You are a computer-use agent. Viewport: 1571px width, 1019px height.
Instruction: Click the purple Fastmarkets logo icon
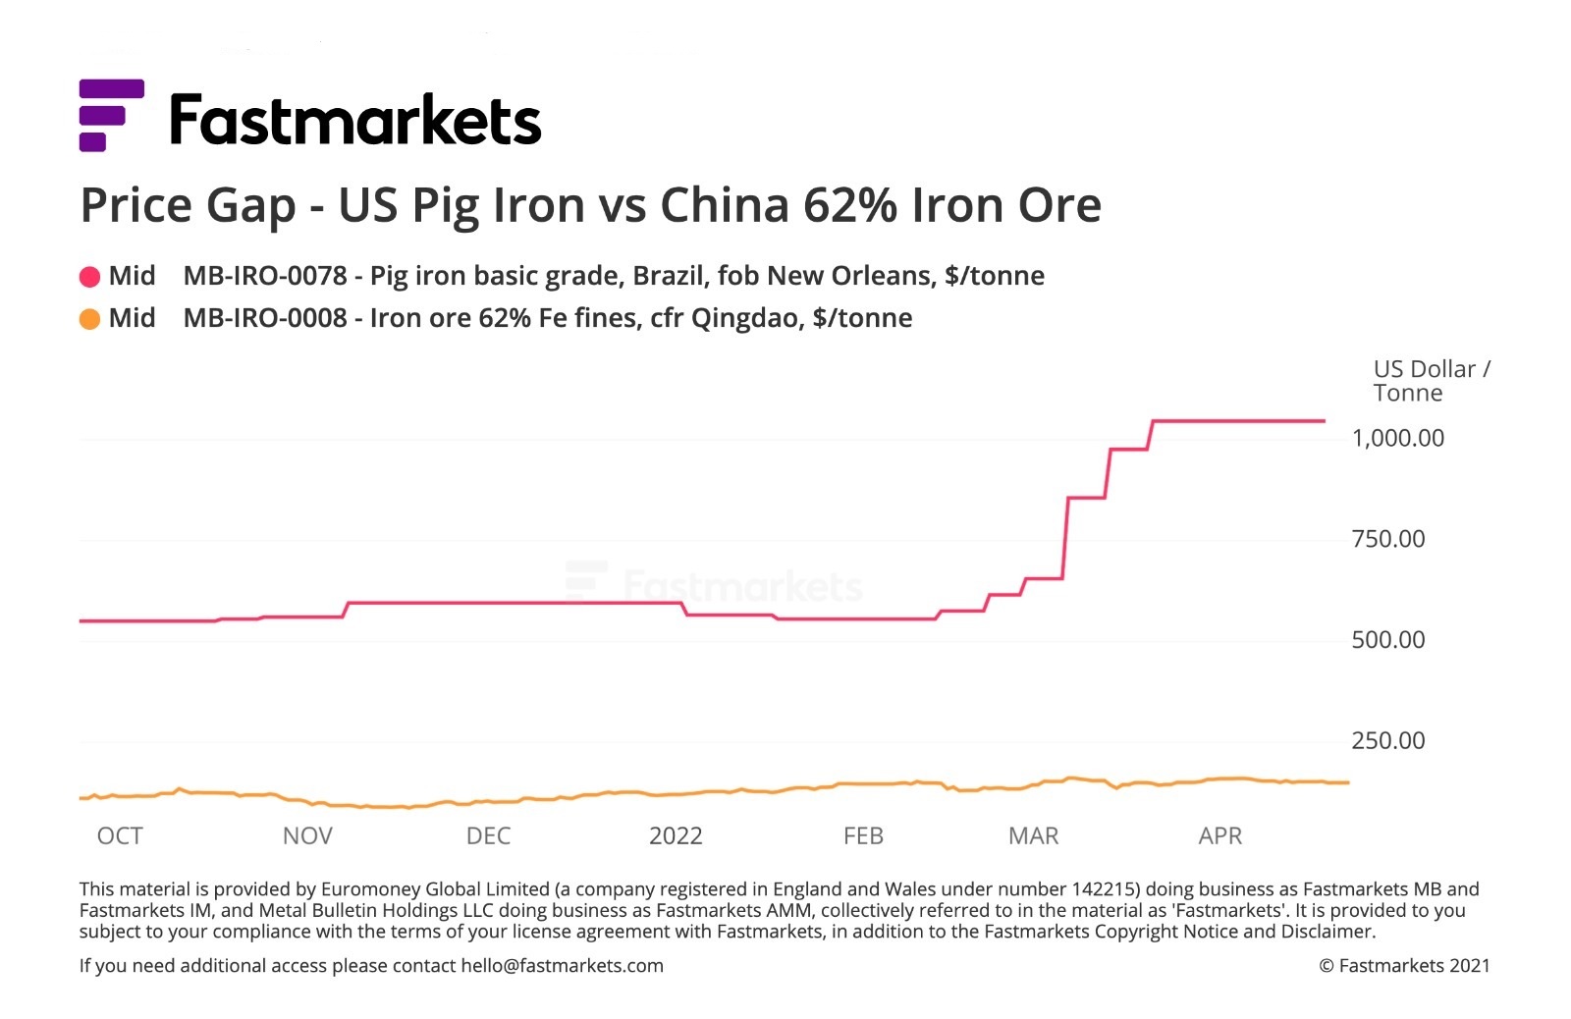111,115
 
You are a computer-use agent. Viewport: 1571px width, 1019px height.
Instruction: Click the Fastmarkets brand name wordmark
355,121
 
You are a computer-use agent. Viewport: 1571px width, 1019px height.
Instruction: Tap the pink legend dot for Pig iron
89,277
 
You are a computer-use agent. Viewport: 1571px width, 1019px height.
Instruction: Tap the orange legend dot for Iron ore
89,319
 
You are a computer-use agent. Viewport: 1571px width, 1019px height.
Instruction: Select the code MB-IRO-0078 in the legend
265,276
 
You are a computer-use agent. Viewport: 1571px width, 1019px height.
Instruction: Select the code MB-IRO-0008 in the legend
265,318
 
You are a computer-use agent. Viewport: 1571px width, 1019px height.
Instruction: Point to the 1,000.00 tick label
1397,438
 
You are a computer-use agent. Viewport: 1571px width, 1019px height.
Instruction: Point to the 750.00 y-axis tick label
1387,539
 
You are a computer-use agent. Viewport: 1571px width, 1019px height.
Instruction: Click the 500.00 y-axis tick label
1387,640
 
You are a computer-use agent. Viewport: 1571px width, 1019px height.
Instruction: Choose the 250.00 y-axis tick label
1387,741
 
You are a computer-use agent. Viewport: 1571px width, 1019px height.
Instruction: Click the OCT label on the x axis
120,836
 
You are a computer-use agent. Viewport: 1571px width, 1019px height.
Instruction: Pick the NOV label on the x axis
307,836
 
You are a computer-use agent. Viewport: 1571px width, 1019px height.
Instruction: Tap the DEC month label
488,836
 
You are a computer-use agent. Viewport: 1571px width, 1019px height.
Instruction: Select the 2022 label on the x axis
676,836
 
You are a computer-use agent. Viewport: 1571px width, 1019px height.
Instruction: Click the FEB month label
863,836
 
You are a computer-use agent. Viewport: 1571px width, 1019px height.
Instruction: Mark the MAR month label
1033,836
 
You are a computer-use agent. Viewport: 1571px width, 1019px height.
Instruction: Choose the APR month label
1219,836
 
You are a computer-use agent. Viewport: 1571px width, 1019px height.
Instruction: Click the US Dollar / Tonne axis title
1431,381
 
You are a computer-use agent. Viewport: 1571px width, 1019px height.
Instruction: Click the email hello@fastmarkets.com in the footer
562,966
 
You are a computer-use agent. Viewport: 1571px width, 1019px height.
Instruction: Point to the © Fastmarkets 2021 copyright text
1404,966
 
